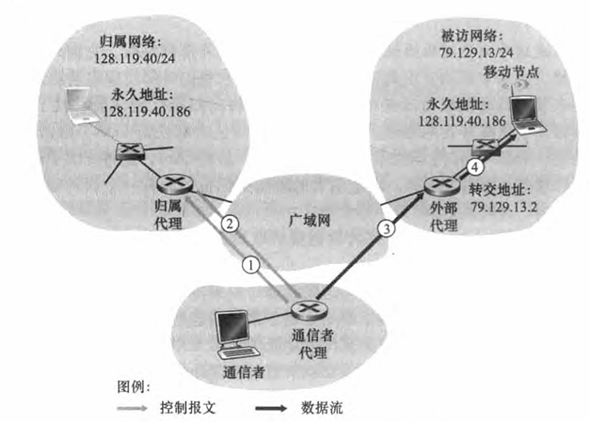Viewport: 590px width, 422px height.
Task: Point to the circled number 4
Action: point(476,167)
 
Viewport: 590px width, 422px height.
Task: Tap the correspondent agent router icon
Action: point(304,308)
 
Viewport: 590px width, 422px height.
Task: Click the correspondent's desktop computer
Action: point(232,334)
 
